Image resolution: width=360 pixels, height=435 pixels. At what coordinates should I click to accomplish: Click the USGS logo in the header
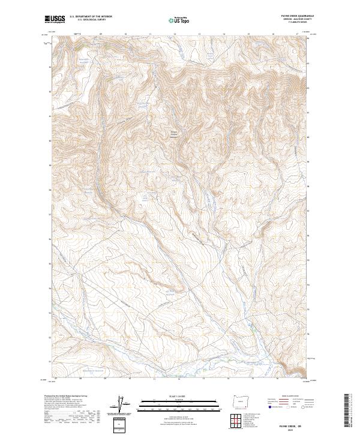55,20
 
